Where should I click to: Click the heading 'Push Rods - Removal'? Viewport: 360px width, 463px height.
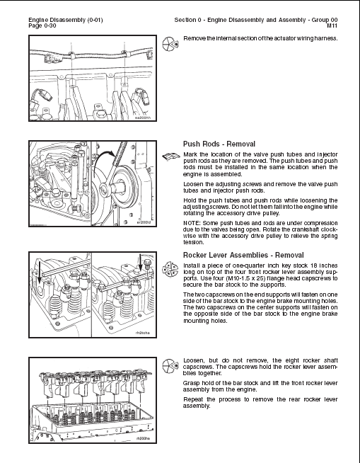219,144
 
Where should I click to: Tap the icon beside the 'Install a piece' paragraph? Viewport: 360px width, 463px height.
169,268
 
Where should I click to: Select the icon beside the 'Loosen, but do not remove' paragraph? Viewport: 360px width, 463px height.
169,366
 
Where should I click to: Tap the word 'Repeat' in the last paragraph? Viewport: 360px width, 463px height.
194,399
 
